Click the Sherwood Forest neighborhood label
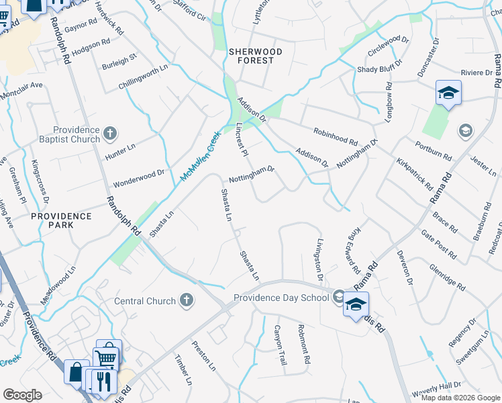(252, 56)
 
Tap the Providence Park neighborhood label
(61, 220)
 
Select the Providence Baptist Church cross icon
(111, 134)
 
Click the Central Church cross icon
(187, 301)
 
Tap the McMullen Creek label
(200, 156)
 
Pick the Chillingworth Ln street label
(143, 75)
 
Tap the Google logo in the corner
(22, 395)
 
